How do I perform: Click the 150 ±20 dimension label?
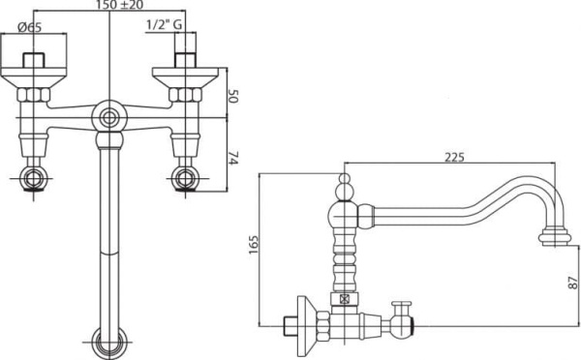pyautogui.click(x=119, y=5)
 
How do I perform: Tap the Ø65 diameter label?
pyautogui.click(x=30, y=27)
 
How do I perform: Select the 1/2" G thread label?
pyautogui.click(x=165, y=25)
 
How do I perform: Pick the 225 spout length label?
pyautogui.click(x=454, y=158)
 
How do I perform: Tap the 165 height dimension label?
pyautogui.click(x=254, y=244)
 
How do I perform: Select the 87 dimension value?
pyautogui.click(x=573, y=283)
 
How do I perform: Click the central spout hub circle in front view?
pyautogui.click(x=109, y=118)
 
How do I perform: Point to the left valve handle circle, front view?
pyautogui.click(x=34, y=178)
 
